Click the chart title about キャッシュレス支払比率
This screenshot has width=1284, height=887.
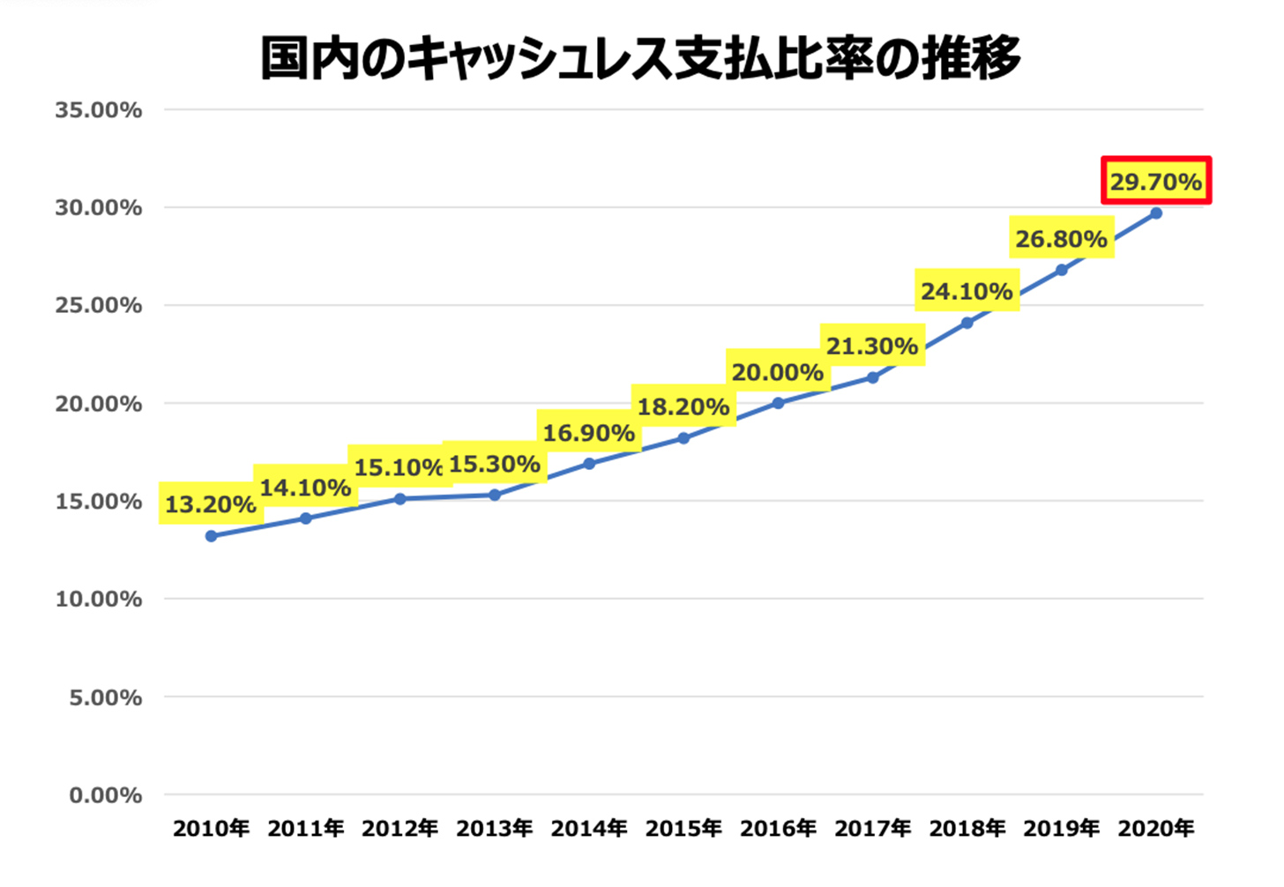[x=641, y=58]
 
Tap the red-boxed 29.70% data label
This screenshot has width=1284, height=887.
[x=1156, y=182]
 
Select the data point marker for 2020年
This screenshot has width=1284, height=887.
[x=1156, y=213]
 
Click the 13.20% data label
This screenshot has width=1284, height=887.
[x=211, y=504]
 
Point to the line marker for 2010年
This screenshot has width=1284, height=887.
[x=211, y=536]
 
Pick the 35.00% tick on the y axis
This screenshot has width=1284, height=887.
[x=98, y=110]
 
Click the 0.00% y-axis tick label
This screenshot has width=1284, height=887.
[x=105, y=795]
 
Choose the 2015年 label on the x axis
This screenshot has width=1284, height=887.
[x=683, y=829]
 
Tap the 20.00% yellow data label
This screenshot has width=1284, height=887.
[x=778, y=372]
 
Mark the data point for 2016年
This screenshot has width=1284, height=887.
[x=778, y=403]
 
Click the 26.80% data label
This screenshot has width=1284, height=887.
[x=1062, y=239]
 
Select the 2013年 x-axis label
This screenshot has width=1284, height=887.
[x=495, y=829]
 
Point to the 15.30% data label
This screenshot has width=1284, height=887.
[x=495, y=464]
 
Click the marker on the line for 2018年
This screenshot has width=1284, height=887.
[x=967, y=323]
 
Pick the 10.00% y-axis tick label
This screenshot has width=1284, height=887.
[x=98, y=600]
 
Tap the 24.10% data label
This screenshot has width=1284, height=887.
[x=967, y=291]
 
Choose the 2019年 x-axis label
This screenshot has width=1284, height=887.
[x=1062, y=829]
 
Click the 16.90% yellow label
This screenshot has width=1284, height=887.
[x=589, y=433]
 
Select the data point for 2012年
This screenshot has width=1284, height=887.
[x=399, y=499]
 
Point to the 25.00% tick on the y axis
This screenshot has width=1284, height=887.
[x=98, y=306]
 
